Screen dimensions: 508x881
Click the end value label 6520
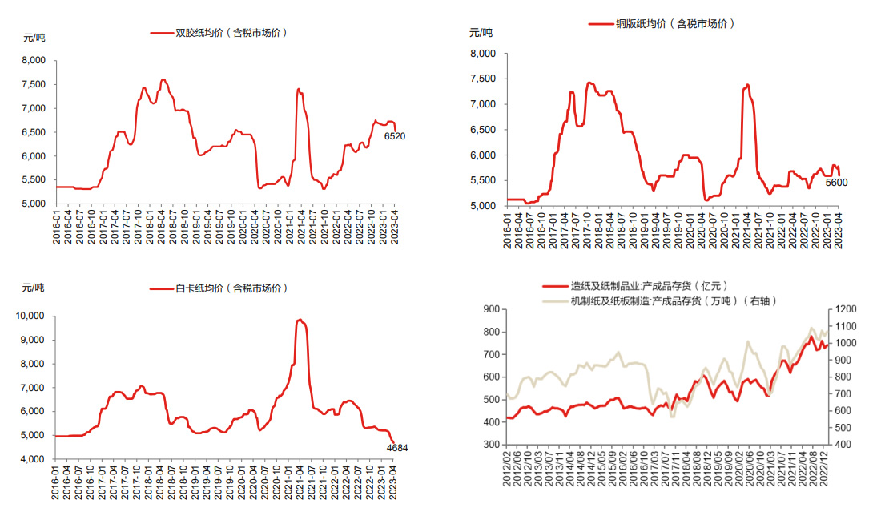(395, 136)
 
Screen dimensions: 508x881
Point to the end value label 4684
(396, 448)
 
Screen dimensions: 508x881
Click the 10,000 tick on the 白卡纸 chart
(30, 316)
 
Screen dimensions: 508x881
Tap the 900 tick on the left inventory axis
(489, 309)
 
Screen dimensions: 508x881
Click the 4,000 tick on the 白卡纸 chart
(33, 459)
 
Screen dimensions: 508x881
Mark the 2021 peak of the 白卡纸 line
(300, 320)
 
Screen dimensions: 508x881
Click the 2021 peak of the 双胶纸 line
(298, 89)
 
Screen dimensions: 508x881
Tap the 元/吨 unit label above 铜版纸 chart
(481, 33)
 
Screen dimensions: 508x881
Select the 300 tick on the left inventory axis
(489, 444)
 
